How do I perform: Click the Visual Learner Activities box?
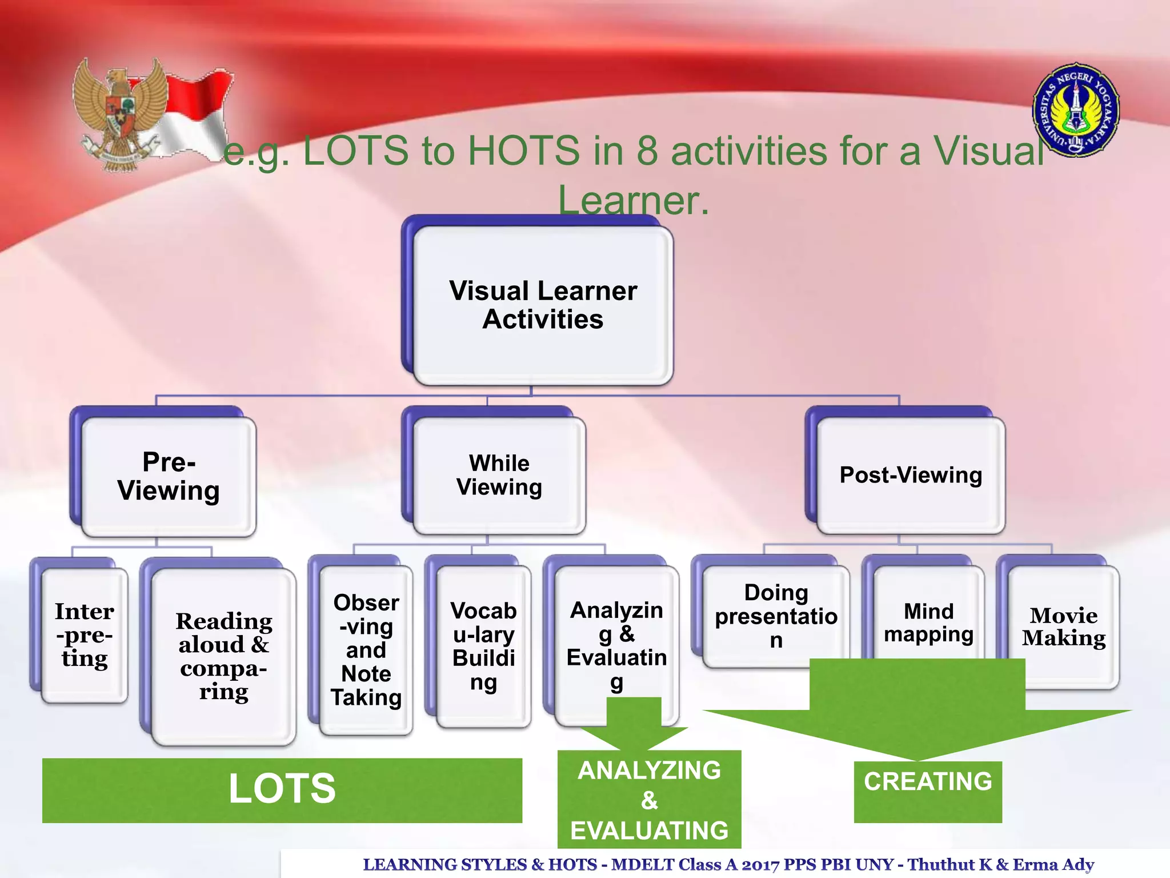(x=543, y=305)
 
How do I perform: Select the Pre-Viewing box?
(x=169, y=477)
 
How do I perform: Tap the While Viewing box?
(x=499, y=476)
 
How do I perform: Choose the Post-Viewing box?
(x=910, y=476)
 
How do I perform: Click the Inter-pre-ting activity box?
(x=85, y=634)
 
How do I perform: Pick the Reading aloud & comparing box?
(x=223, y=656)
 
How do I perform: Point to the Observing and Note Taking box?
(x=366, y=650)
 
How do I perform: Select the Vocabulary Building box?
(x=483, y=646)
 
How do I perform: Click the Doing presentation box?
(x=775, y=616)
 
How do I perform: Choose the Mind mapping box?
(x=928, y=622)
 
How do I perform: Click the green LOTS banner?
(x=282, y=790)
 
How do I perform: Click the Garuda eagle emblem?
(x=121, y=114)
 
